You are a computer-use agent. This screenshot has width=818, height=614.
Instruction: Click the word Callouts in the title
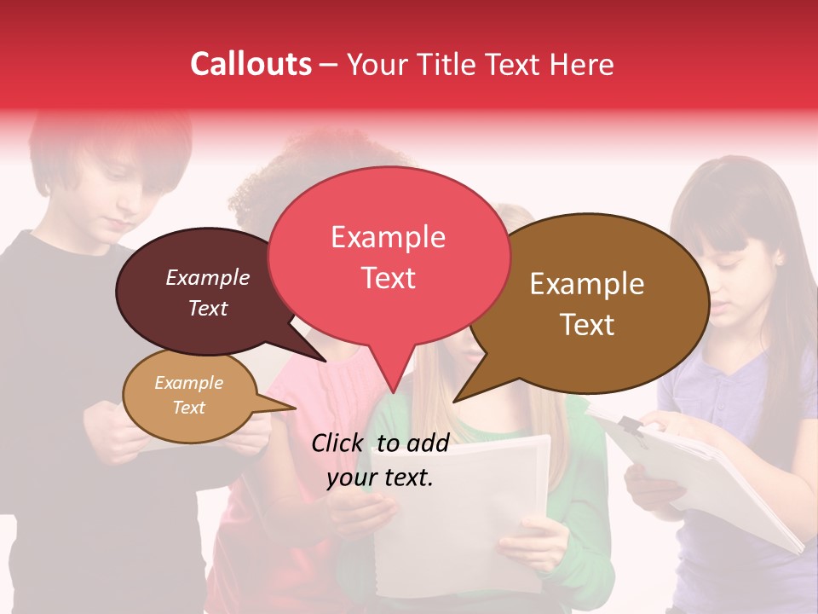[251, 64]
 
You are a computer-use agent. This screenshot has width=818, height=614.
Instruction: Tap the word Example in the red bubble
[388, 237]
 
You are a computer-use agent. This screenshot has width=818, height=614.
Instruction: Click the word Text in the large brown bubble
[588, 325]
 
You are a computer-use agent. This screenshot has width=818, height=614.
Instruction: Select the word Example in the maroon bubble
[207, 278]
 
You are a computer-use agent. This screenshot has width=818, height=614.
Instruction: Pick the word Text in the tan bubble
[188, 408]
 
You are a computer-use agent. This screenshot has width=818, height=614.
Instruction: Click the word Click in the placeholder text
[340, 443]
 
